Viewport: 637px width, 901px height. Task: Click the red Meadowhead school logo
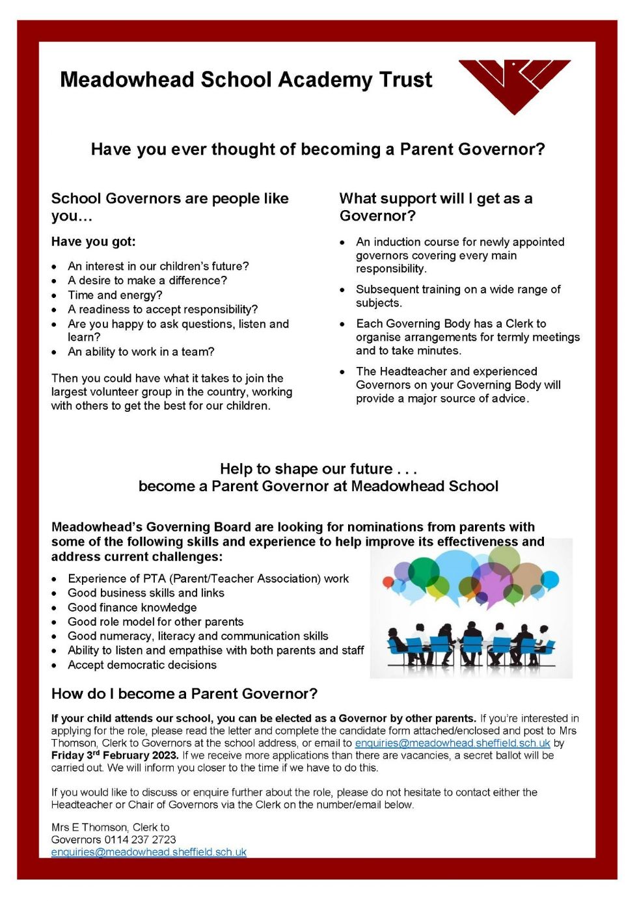(x=514, y=85)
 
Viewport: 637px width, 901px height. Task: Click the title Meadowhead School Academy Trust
(x=246, y=79)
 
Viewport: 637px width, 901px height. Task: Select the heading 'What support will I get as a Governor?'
(x=435, y=207)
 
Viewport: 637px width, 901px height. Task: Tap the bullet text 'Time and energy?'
(x=115, y=295)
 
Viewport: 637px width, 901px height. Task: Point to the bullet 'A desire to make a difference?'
(x=147, y=280)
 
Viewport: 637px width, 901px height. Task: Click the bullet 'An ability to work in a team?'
(x=141, y=351)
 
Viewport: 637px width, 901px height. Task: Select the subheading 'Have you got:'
(x=93, y=241)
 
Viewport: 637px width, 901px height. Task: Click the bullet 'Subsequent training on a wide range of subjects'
(x=457, y=296)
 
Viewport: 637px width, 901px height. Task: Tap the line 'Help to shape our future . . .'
(x=318, y=468)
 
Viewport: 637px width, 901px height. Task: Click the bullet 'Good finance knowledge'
(x=132, y=607)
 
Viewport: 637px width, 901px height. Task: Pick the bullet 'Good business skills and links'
(x=146, y=593)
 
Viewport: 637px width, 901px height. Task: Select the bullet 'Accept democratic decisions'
(x=142, y=664)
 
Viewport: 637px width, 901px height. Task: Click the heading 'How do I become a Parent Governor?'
(x=184, y=693)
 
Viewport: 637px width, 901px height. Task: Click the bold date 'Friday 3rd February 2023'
(x=115, y=755)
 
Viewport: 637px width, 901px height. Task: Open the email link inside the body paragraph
(x=452, y=743)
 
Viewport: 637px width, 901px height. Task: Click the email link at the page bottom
(x=148, y=852)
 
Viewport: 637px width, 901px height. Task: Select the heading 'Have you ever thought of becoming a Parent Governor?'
(x=318, y=149)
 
